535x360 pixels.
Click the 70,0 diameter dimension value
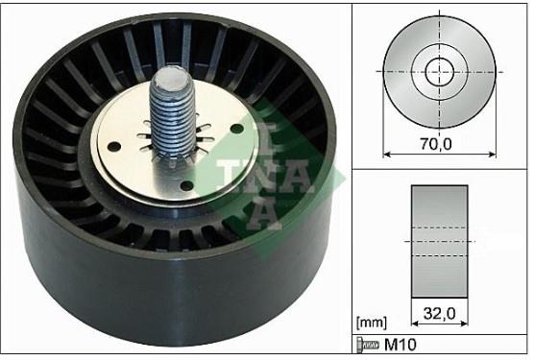click(x=436, y=144)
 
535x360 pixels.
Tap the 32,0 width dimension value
click(x=440, y=313)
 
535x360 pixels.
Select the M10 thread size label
click(x=401, y=345)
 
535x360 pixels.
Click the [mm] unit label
click(x=372, y=323)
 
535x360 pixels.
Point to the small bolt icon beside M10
click(x=368, y=345)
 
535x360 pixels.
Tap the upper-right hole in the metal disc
click(x=236, y=129)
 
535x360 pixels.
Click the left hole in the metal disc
click(x=114, y=147)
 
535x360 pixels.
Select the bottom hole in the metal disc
click(x=186, y=186)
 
